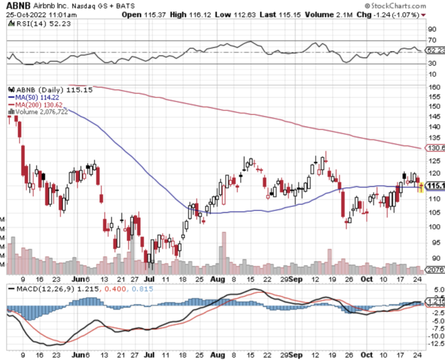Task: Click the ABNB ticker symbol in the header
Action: click(18, 5)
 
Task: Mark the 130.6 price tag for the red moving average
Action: click(435, 148)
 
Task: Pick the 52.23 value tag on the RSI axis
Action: click(435, 50)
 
